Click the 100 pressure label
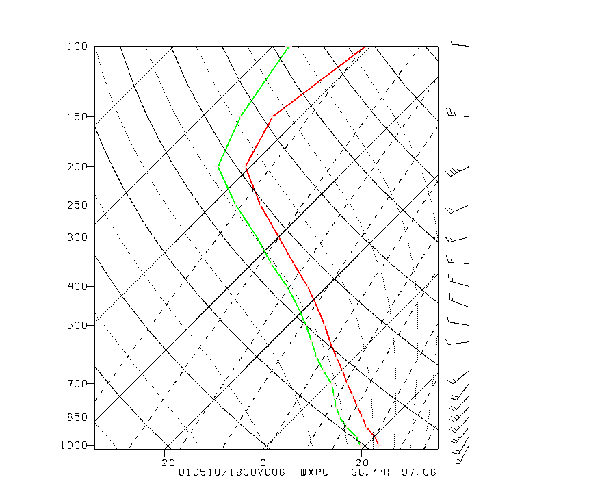click(x=77, y=47)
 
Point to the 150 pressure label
click(x=77, y=116)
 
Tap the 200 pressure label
click(x=77, y=167)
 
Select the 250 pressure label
click(x=77, y=205)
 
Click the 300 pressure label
click(x=77, y=237)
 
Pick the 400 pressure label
click(x=77, y=286)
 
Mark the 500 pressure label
click(x=77, y=325)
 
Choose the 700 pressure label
click(x=77, y=384)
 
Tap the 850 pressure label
click(x=77, y=417)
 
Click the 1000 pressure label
click(x=75, y=446)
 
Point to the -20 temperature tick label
click(x=166, y=463)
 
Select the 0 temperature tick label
click(x=264, y=463)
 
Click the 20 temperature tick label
click(x=362, y=463)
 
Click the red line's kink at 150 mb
click(x=272, y=116)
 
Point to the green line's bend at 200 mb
click(x=218, y=166)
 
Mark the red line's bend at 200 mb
click(x=246, y=166)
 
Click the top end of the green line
click(x=288, y=47)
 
